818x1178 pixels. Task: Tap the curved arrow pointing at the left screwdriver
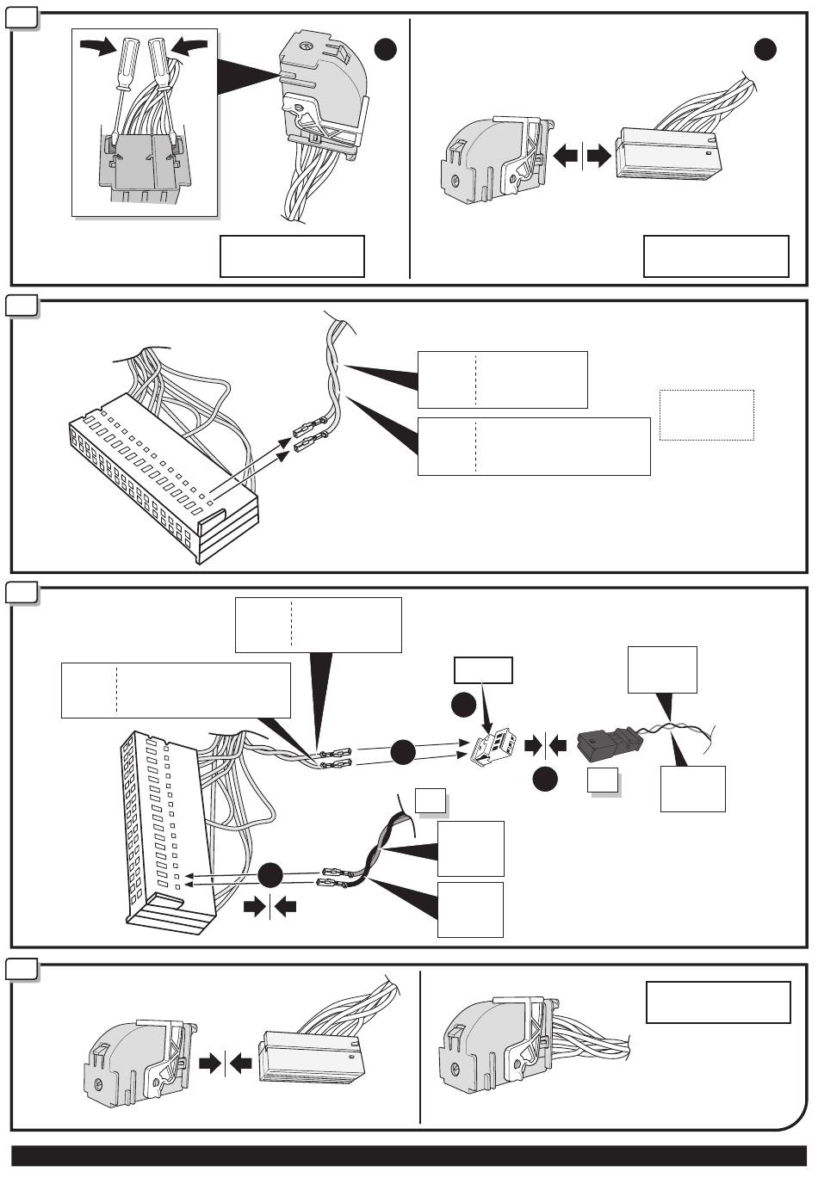pyautogui.click(x=97, y=48)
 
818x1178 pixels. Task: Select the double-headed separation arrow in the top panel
pyautogui.click(x=582, y=157)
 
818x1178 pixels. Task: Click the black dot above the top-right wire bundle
pyautogui.click(x=765, y=49)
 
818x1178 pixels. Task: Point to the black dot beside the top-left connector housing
pyautogui.click(x=386, y=50)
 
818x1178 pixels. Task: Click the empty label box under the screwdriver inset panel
pyautogui.click(x=292, y=256)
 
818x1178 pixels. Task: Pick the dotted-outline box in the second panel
pyautogui.click(x=706, y=415)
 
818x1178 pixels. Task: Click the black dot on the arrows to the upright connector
pyautogui.click(x=270, y=874)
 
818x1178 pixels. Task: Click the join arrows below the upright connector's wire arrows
pyautogui.click(x=270, y=906)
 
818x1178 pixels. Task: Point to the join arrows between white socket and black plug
pyautogui.click(x=545, y=743)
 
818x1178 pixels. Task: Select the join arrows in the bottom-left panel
pyautogui.click(x=226, y=1064)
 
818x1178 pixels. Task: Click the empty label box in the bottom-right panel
pyautogui.click(x=717, y=1002)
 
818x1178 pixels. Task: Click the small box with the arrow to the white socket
pyautogui.click(x=484, y=669)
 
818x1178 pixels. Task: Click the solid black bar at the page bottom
pyautogui.click(x=408, y=1155)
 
